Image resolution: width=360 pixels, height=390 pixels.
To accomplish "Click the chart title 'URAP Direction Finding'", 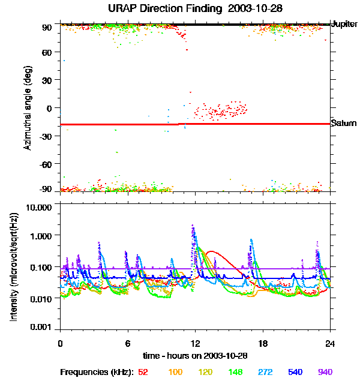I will [161, 8].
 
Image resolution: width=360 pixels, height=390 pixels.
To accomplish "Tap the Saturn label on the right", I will [344, 124].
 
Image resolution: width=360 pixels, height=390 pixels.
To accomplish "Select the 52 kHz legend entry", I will [143, 372].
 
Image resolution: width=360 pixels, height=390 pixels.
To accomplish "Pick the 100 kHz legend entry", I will [175, 372].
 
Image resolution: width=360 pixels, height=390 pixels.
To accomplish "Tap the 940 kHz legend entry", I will [325, 372].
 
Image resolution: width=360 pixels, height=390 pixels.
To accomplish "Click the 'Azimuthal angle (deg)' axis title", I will [28, 108].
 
